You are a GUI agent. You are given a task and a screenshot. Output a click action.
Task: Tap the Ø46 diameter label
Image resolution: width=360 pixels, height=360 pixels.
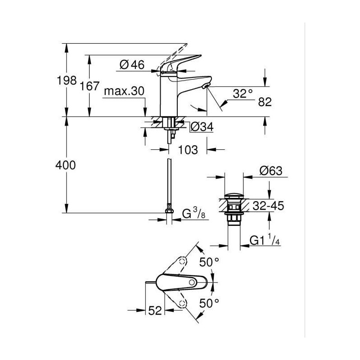(x=132, y=65)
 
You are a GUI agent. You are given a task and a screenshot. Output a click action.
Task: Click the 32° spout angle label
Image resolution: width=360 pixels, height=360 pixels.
(x=243, y=93)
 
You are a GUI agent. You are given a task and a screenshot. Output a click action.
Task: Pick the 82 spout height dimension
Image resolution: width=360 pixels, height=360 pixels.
(x=265, y=102)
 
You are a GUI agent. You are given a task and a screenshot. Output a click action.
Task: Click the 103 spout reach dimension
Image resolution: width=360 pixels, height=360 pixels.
(x=188, y=150)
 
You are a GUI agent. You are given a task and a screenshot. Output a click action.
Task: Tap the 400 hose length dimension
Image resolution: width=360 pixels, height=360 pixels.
(x=65, y=165)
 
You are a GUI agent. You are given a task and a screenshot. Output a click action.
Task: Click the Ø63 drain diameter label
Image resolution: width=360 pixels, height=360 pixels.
(x=271, y=171)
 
